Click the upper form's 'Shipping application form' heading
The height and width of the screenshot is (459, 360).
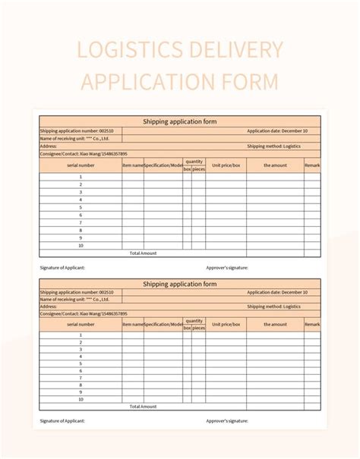[x=180, y=121]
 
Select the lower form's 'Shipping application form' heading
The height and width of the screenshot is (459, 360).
[x=180, y=284]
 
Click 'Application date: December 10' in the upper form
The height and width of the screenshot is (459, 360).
[x=277, y=130]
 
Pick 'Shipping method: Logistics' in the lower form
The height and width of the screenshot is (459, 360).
[x=273, y=307]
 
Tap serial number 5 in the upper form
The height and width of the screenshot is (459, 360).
[x=81, y=207]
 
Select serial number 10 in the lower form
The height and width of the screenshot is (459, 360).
[x=81, y=399]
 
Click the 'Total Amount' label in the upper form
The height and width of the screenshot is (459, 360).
[x=143, y=253]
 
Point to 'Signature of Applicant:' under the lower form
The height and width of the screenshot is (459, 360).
[x=62, y=420]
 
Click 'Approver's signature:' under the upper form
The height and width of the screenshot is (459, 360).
[x=227, y=267]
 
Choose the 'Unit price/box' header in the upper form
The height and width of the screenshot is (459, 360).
[x=226, y=165]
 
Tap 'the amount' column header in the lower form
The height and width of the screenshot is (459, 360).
[x=275, y=324]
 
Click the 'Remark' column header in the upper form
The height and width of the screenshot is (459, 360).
[x=312, y=165]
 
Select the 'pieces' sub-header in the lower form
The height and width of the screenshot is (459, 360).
[x=198, y=328]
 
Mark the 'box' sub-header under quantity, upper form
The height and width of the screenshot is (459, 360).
[x=187, y=168]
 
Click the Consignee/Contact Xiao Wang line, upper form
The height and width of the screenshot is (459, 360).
[x=84, y=153]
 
